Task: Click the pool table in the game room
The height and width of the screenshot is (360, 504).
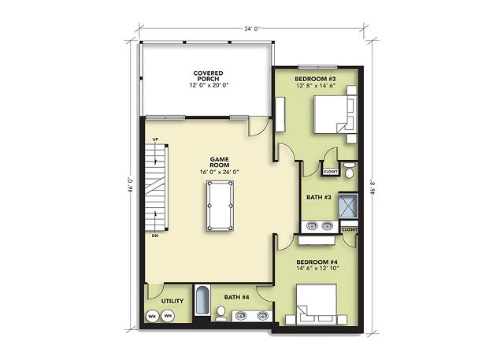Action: pyautogui.click(x=220, y=206)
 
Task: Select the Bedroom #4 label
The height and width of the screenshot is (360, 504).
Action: pyautogui.click(x=317, y=262)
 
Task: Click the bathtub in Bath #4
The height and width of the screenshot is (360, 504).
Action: pyautogui.click(x=202, y=301)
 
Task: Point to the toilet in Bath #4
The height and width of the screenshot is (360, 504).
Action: pyautogui.click(x=220, y=314)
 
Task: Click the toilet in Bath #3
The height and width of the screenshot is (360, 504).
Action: pyautogui.click(x=349, y=171)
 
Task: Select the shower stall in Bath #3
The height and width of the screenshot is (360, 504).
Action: pyautogui.click(x=348, y=206)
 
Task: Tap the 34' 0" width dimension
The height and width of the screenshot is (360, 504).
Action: pyautogui.click(x=252, y=28)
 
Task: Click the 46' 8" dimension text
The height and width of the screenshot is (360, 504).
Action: pyautogui.click(x=372, y=187)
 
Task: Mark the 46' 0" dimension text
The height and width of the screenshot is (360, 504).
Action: pyautogui.click(x=131, y=185)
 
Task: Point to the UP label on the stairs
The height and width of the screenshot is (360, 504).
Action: pyautogui.click(x=155, y=139)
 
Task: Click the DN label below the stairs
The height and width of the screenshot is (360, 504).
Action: pyautogui.click(x=155, y=236)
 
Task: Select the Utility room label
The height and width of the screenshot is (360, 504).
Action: pyautogui.click(x=172, y=301)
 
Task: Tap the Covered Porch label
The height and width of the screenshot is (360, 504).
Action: pyautogui.click(x=208, y=76)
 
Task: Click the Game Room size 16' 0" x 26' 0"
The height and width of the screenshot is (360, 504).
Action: pyautogui.click(x=220, y=172)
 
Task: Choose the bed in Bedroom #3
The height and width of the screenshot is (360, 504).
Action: pyautogui.click(x=335, y=114)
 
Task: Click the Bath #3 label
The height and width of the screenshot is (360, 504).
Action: pyautogui.click(x=318, y=198)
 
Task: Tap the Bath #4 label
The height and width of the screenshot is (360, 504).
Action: pyautogui.click(x=236, y=297)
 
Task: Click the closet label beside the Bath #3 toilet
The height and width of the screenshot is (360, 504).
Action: pyautogui.click(x=331, y=172)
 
